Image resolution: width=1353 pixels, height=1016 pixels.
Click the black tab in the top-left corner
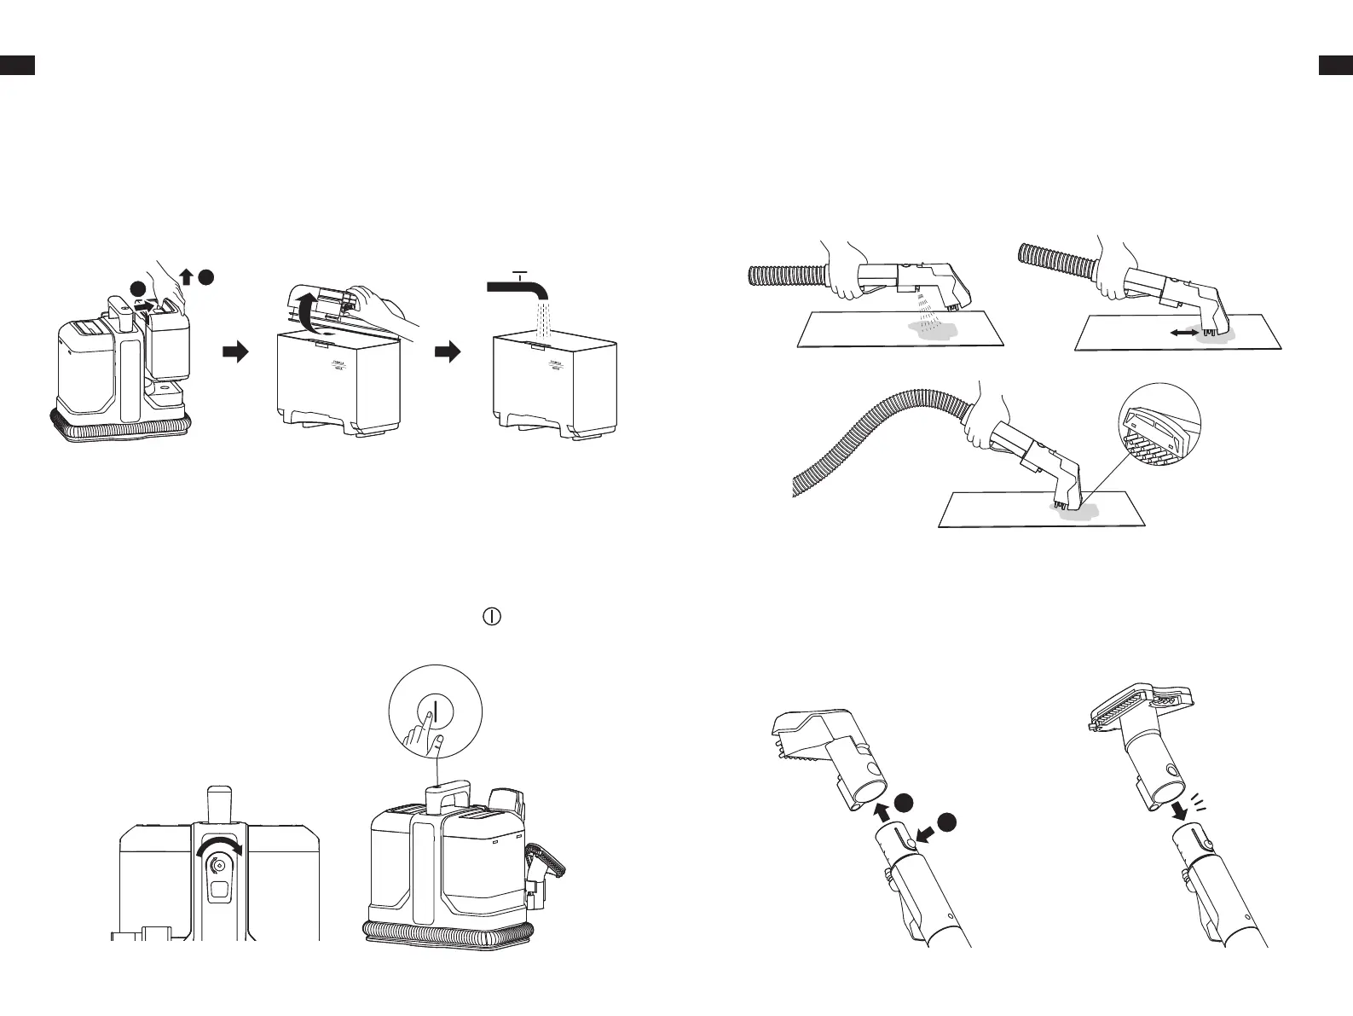(x=17, y=65)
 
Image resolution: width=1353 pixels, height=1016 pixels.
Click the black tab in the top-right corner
(x=1335, y=65)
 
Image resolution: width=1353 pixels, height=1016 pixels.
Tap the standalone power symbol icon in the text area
(x=492, y=616)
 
